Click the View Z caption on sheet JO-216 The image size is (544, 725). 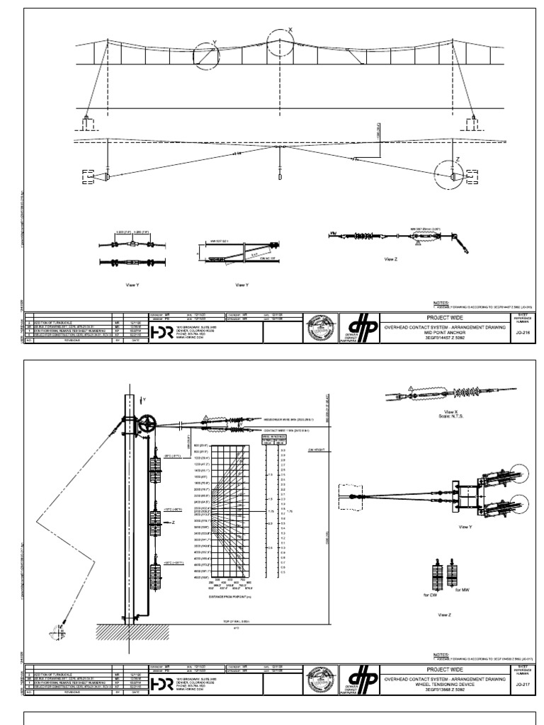(x=391, y=260)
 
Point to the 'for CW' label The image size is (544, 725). (x=431, y=595)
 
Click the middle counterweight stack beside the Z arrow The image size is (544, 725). (x=154, y=521)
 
